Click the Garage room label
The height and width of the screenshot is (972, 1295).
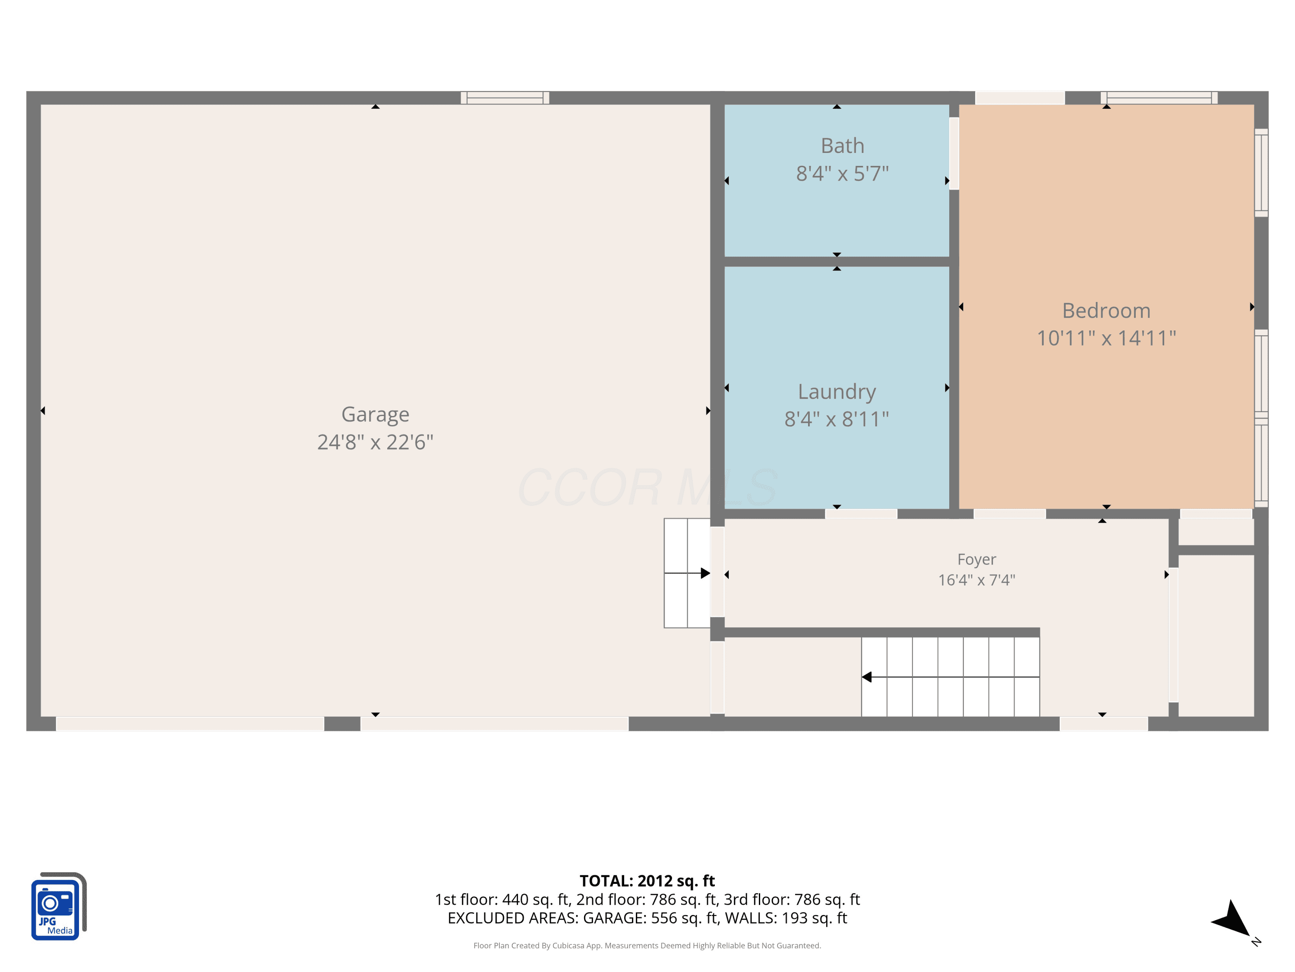[x=375, y=415]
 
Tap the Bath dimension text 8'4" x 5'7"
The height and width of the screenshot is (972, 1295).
[x=843, y=173]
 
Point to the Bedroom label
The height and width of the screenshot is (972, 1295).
[x=1106, y=311]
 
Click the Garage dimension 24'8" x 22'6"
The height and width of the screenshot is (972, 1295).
[x=375, y=442]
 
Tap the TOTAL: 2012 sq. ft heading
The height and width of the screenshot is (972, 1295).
[x=647, y=880]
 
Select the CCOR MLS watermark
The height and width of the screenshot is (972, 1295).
[x=647, y=487]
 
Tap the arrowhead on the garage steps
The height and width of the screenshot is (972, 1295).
[x=705, y=573]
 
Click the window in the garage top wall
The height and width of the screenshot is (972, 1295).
[x=505, y=98]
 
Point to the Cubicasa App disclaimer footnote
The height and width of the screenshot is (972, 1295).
[x=647, y=946]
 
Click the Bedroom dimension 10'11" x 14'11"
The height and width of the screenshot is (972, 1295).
[x=1106, y=338]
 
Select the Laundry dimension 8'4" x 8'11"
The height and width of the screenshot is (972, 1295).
[x=837, y=419]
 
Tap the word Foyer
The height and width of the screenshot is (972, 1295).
[x=976, y=559]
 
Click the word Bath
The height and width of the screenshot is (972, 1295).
[x=843, y=146]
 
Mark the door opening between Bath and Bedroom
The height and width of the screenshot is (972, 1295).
[x=954, y=153]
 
